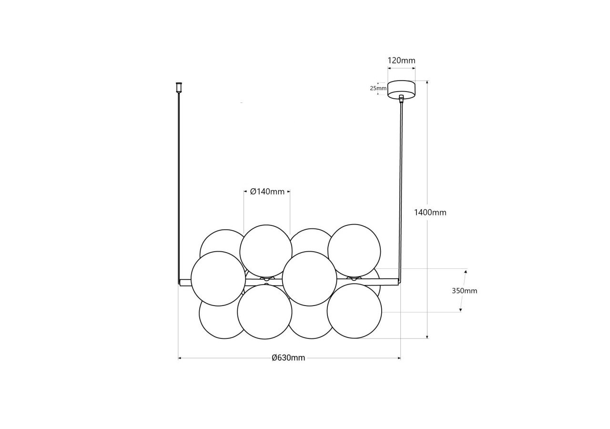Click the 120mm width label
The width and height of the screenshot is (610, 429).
click(401, 61)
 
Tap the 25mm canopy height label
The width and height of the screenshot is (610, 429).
click(378, 88)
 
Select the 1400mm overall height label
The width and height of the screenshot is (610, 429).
click(430, 213)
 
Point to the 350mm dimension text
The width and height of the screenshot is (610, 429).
click(464, 291)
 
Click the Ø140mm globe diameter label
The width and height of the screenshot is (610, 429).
click(267, 192)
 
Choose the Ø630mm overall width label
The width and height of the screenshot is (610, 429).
click(288, 358)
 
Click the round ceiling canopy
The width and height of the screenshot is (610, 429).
click(401, 89)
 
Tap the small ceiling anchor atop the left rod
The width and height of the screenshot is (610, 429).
click(179, 87)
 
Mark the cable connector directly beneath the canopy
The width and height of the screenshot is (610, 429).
click(401, 99)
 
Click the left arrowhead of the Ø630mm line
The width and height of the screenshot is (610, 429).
click(180, 358)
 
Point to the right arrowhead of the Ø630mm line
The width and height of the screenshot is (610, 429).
click(399, 358)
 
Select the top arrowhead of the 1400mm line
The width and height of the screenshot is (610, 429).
click(427, 82)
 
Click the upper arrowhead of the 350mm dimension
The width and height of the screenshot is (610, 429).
click(466, 271)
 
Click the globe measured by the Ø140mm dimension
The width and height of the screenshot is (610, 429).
click(266, 251)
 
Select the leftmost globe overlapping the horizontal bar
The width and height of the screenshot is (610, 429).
click(218, 278)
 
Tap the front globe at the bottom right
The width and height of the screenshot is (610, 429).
click(354, 311)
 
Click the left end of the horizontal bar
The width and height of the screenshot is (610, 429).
click(181, 282)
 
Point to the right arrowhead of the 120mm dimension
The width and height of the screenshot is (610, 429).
click(414, 68)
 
